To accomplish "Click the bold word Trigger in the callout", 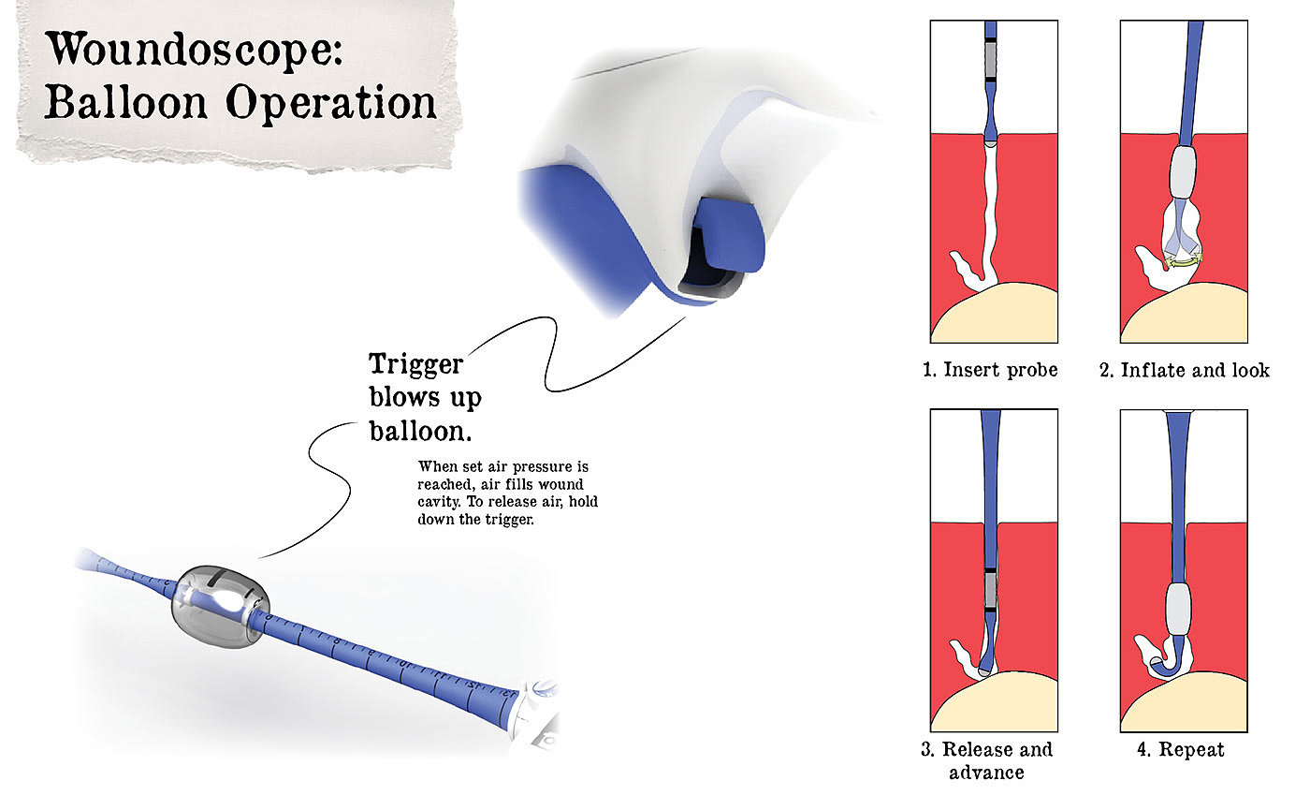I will click(416, 364).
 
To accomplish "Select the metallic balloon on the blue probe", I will click(220, 605).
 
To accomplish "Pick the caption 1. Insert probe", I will click(990, 370).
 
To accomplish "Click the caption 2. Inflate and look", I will click(1184, 370).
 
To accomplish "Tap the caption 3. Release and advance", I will click(986, 760).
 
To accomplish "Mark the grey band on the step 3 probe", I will click(992, 590).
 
